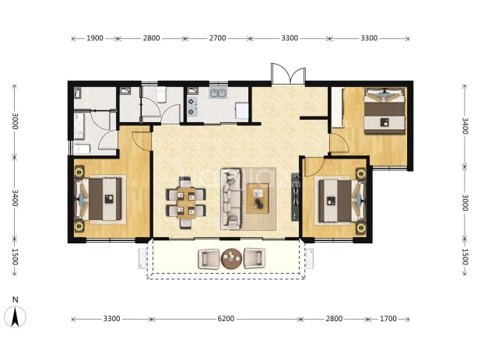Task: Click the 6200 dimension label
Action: [x=226, y=319]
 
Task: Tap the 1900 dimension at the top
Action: [x=95, y=38]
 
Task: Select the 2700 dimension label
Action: [x=217, y=38]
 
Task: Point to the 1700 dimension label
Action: [x=388, y=319]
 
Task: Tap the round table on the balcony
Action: [x=232, y=259]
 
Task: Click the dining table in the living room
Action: [x=186, y=203]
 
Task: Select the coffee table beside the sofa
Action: [x=258, y=198]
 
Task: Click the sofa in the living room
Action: [x=230, y=199]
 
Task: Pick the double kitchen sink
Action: [x=218, y=93]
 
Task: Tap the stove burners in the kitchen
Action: [x=191, y=107]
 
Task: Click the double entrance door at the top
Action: [x=288, y=74]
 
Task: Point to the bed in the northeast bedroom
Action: [x=384, y=111]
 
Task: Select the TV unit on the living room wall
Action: [x=295, y=197]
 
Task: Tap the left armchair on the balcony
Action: [x=209, y=259]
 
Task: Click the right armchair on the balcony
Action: [x=255, y=258]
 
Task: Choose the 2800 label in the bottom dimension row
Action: [x=334, y=319]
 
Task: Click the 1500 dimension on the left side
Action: [x=15, y=257]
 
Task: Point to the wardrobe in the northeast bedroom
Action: [x=337, y=107]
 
